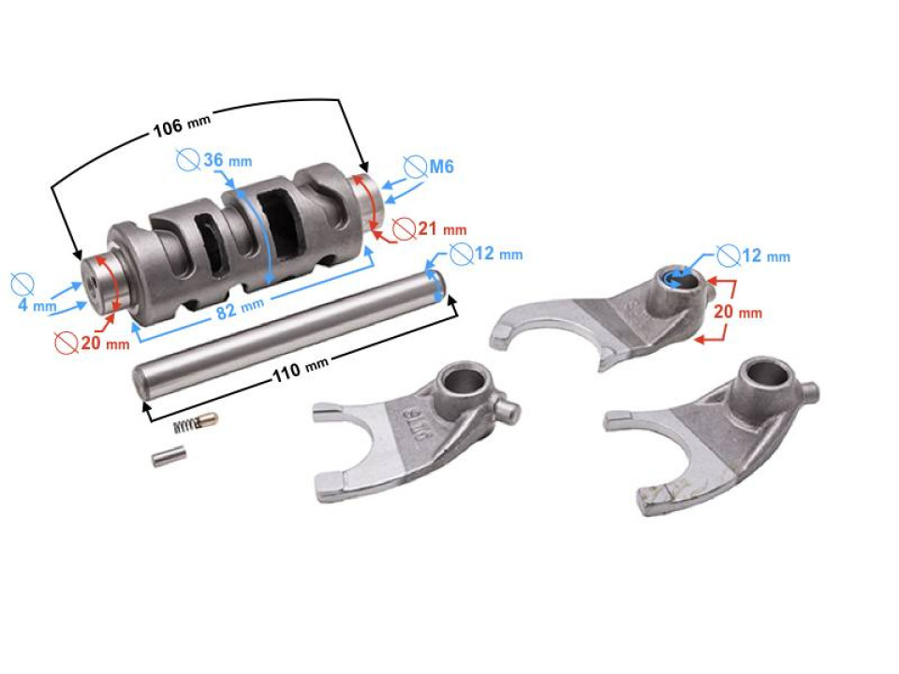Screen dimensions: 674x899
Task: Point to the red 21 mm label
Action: click(x=439, y=228)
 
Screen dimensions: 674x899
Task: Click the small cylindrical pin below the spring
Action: click(x=169, y=458)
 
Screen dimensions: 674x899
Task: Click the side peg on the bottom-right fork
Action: click(x=811, y=388)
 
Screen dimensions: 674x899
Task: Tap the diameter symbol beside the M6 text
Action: click(x=416, y=168)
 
